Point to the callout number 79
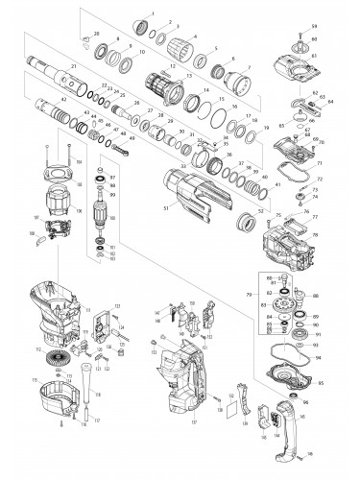(x=251, y=293)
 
